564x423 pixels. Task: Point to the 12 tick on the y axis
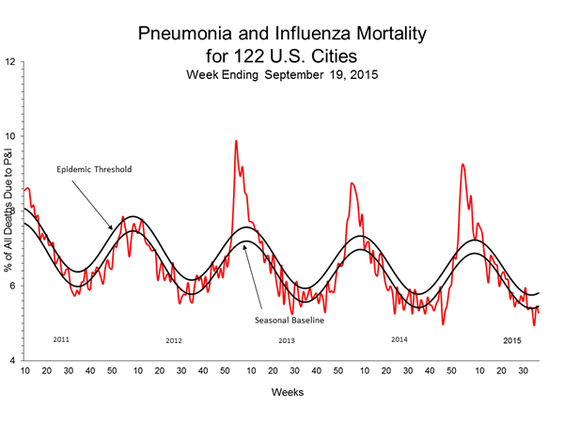tap(10, 62)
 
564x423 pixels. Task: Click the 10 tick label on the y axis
tap(10, 136)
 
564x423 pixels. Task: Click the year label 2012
tap(174, 339)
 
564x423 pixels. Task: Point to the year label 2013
tap(288, 339)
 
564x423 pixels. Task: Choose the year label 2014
tap(399, 338)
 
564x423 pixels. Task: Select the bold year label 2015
tap(513, 338)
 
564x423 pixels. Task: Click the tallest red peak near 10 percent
tap(235, 141)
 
